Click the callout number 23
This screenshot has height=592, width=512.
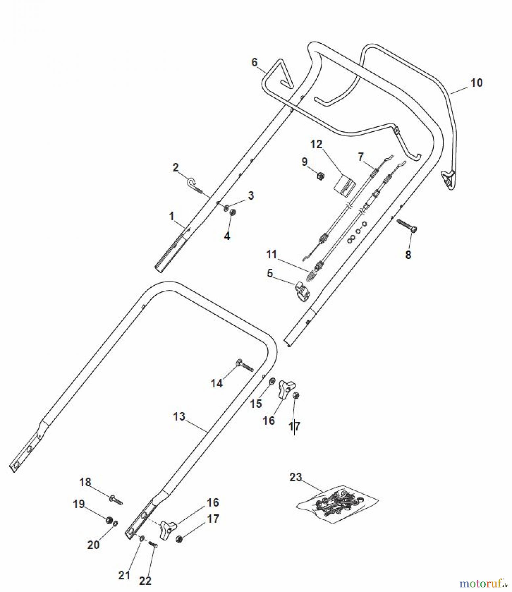[x=295, y=477]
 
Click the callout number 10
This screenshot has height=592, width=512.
[x=476, y=83]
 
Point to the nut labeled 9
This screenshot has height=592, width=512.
[x=320, y=176]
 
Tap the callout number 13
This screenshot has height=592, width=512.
[x=179, y=417]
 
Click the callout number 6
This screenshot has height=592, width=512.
[x=255, y=62]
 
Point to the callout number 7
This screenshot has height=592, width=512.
[x=361, y=157]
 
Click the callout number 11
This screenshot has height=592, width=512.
[x=272, y=254]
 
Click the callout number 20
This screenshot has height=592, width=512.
[x=93, y=545]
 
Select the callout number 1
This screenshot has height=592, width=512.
[x=171, y=216]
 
